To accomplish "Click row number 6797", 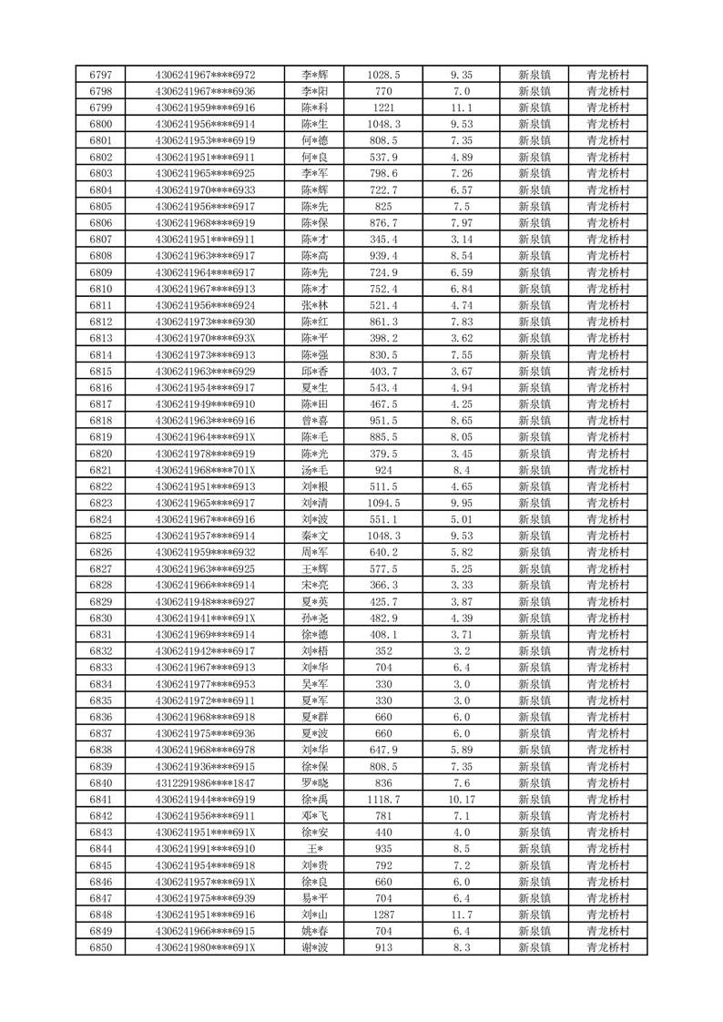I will (x=101, y=75).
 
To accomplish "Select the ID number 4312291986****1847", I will (x=205, y=783).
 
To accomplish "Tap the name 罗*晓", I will (x=314, y=783).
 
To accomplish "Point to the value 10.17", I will (x=461, y=800).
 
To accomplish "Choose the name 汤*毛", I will (x=314, y=470).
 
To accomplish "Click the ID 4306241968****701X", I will (x=205, y=470).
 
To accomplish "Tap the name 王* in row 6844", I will (x=314, y=849).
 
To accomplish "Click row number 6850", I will (x=101, y=947).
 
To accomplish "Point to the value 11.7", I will (x=461, y=915).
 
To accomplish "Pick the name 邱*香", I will (x=314, y=372).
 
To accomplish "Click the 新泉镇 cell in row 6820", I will (x=534, y=454).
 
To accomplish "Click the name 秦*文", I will (x=314, y=536).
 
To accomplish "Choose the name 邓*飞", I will (x=314, y=816).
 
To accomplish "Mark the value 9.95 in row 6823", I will (x=461, y=503).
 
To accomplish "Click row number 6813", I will (x=101, y=338).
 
